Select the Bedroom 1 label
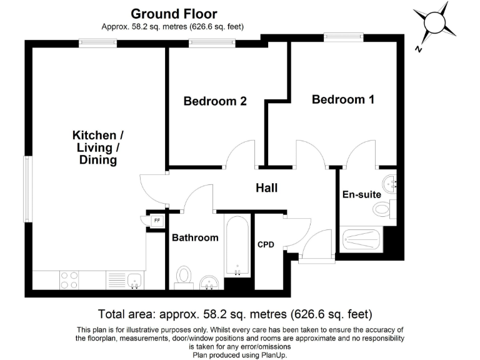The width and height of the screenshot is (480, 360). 343,99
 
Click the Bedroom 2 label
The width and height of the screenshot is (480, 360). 215,101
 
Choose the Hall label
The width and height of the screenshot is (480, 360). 266,188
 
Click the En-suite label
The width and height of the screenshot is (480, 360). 361,194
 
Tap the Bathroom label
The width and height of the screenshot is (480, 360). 195,237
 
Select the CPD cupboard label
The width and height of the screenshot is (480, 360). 266,244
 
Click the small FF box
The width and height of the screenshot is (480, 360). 156,221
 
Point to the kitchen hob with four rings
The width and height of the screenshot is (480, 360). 69,279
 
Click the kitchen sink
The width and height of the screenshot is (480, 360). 134,280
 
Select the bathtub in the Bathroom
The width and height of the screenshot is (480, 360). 237,247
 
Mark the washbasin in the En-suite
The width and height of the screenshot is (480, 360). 392,183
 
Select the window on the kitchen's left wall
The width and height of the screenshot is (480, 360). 27,188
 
